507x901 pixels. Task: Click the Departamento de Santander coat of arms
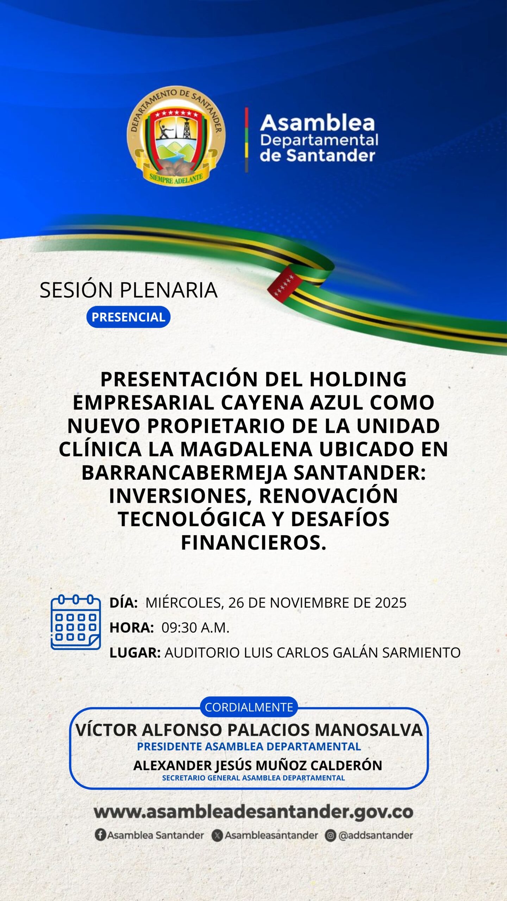(176, 136)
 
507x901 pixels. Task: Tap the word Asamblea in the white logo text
(318, 123)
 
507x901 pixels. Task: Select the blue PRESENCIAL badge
(129, 317)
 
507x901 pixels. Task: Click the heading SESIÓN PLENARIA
(129, 290)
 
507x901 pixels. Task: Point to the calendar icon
(76, 622)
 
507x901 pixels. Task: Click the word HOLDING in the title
(358, 379)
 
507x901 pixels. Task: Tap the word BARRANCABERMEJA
(184, 473)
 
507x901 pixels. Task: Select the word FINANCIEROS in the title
(254, 543)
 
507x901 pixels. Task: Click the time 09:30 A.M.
(195, 628)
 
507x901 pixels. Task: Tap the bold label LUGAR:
(135, 653)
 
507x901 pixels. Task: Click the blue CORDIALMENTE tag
(249, 707)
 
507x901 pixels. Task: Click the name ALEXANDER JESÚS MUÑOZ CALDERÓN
(258, 765)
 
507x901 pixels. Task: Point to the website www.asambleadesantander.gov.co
(254, 812)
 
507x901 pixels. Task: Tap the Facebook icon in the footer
(100, 835)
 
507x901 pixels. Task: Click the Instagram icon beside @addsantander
(331, 835)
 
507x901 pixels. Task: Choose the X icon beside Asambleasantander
(217, 835)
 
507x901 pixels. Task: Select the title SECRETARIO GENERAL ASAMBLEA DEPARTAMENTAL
(254, 778)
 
